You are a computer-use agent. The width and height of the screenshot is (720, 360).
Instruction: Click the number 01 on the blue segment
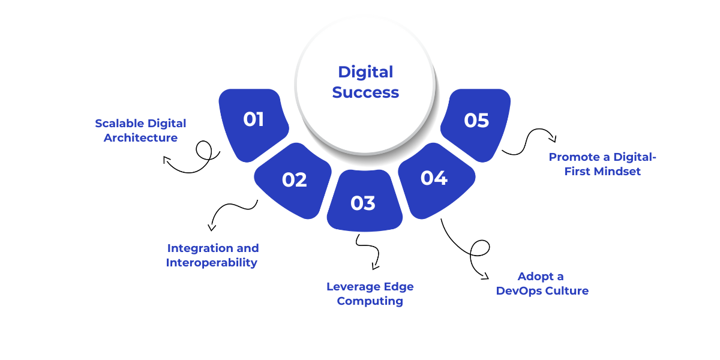[x=254, y=119]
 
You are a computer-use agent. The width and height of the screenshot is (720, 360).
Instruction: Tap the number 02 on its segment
[x=294, y=180]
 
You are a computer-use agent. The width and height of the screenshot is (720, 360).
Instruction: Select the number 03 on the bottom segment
[x=363, y=203]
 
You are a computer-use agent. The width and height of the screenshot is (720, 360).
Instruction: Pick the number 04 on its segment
[x=434, y=178]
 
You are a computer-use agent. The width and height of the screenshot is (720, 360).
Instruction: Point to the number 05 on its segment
[x=476, y=121]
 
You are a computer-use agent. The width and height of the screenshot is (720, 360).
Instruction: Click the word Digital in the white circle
[x=365, y=72]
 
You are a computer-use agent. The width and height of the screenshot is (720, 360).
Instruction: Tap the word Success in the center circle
[x=365, y=92]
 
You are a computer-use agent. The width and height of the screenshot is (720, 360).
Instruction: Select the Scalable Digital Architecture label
[x=140, y=130]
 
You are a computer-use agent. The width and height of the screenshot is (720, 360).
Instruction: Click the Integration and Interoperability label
[x=212, y=255]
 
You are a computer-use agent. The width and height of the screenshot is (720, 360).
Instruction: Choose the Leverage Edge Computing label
[x=370, y=293]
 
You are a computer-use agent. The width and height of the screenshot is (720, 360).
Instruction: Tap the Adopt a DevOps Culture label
[x=542, y=284]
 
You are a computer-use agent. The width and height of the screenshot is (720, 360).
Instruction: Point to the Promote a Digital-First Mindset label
[x=602, y=164]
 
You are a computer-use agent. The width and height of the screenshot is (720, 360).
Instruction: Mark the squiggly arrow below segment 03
[x=367, y=251]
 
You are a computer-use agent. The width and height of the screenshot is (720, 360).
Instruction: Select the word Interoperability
[x=211, y=263]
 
